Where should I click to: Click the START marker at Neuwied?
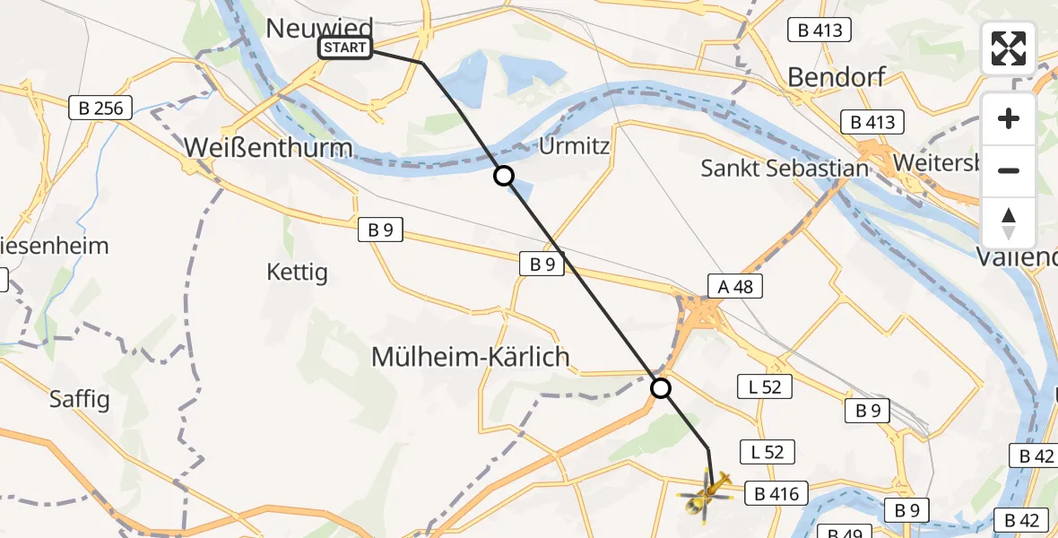coord(345,48)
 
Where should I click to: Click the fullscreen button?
coord(1009,48)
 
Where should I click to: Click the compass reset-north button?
coord(1009,223)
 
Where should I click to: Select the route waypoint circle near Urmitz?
coord(504,176)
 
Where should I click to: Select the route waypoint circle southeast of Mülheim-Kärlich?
coord(661,388)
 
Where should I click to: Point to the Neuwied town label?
coord(320,27)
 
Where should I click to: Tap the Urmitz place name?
coord(576,145)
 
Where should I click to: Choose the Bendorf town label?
coord(837,77)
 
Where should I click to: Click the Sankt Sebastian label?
coord(785,168)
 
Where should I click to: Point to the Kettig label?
coord(298,272)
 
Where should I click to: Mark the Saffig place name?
coord(80,398)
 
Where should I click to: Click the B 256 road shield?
coord(101,108)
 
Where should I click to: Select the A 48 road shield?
coord(735,285)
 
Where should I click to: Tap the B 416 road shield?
coord(776,492)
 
